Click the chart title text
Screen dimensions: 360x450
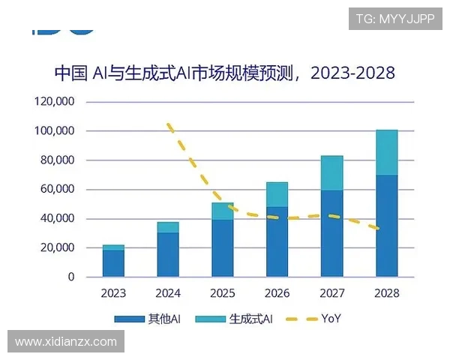224,73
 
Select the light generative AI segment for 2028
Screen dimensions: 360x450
387,153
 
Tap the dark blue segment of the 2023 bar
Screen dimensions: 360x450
113,263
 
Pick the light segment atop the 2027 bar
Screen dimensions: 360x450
332,173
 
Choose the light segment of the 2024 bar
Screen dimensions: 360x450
168,227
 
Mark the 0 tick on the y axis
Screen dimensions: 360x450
72,277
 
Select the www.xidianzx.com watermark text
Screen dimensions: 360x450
66,342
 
